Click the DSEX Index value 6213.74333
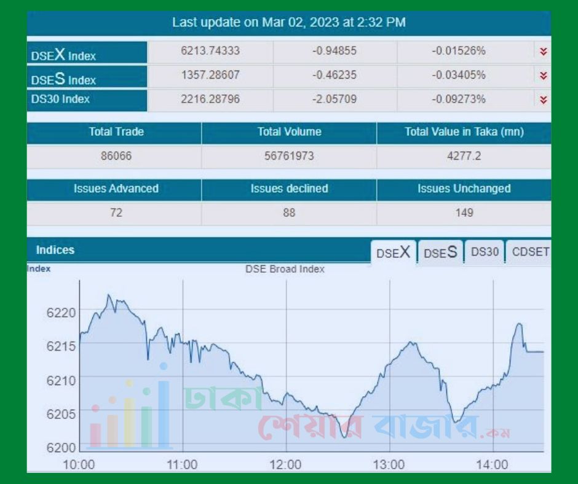point(210,51)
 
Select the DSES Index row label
point(64,79)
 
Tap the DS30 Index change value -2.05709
point(334,99)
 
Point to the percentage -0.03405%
point(458,75)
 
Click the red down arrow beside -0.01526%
point(543,52)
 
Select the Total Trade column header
point(116,132)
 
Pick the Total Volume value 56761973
point(289,156)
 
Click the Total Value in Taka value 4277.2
point(464,156)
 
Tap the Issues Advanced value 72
point(116,213)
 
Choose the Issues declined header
point(289,189)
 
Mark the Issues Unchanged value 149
point(464,213)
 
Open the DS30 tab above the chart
point(485,252)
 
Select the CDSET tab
point(530,252)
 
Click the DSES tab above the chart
point(440,252)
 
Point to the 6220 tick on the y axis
point(61,313)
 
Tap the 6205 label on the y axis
point(61,413)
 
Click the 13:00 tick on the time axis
point(389,464)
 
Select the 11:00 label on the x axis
point(183,464)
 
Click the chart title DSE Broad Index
point(285,269)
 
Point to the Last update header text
point(289,23)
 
